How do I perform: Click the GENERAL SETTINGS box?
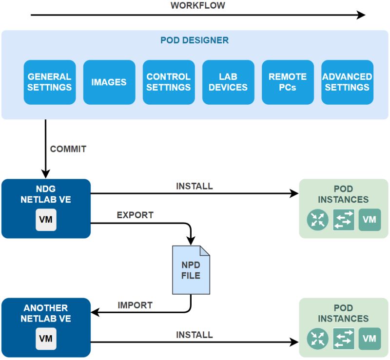(x=49, y=82)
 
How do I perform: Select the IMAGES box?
(x=109, y=82)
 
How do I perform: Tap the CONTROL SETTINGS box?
(x=168, y=82)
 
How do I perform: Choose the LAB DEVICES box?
(x=228, y=82)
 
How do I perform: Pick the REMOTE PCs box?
(x=287, y=82)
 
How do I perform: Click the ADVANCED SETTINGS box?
(x=347, y=82)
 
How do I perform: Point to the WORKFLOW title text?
(x=197, y=6)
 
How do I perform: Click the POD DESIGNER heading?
(x=195, y=40)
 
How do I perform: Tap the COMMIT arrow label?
(x=68, y=149)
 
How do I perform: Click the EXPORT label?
(x=135, y=215)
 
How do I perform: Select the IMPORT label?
(x=135, y=305)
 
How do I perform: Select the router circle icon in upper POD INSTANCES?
(x=318, y=220)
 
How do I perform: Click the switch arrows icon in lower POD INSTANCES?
(x=344, y=339)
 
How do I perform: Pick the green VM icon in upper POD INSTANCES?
(x=370, y=220)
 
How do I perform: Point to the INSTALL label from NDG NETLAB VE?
(x=194, y=186)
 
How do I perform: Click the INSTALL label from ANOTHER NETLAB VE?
(x=194, y=335)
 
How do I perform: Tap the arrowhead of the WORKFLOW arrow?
(x=361, y=15)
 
